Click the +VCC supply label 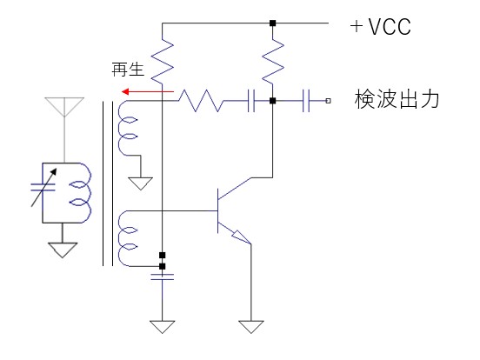pos(381,26)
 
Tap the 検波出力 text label pos(397,99)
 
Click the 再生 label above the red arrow pos(128,70)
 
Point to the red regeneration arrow pos(148,91)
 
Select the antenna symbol pos(64,107)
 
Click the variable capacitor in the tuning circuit pos(43,187)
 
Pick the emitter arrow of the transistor pos(242,238)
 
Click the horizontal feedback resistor pos(201,101)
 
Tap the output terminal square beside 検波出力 pos(328,101)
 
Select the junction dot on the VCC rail pos(272,23)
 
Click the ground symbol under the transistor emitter pos(251,327)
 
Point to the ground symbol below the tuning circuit pos(63,250)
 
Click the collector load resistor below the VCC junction pos(273,61)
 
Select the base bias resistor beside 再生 pos(163,61)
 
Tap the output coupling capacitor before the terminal pos(306,101)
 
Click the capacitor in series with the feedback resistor pos(251,101)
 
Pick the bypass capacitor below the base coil pos(163,277)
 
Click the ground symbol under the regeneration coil pos(141,183)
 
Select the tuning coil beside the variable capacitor pos(81,193)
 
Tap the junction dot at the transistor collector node pos(272,101)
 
